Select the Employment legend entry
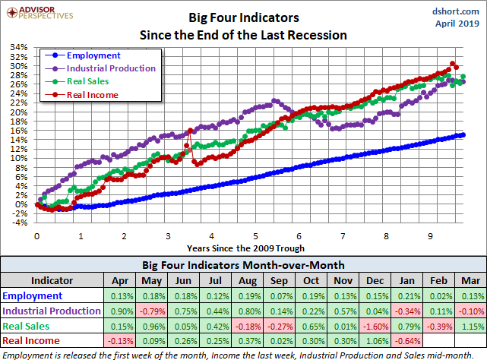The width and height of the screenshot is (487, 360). [93, 55]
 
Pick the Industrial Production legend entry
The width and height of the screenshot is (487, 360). [111, 68]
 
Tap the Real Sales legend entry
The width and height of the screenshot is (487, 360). [87, 81]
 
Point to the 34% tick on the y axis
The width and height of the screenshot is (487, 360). [17, 47]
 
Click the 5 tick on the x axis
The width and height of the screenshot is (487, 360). [255, 235]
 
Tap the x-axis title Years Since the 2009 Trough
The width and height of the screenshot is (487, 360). [245, 248]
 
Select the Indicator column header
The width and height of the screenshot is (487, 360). [52, 280]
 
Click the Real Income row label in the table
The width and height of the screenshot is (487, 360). [31, 341]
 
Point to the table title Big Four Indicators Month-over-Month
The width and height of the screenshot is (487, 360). [243, 265]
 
